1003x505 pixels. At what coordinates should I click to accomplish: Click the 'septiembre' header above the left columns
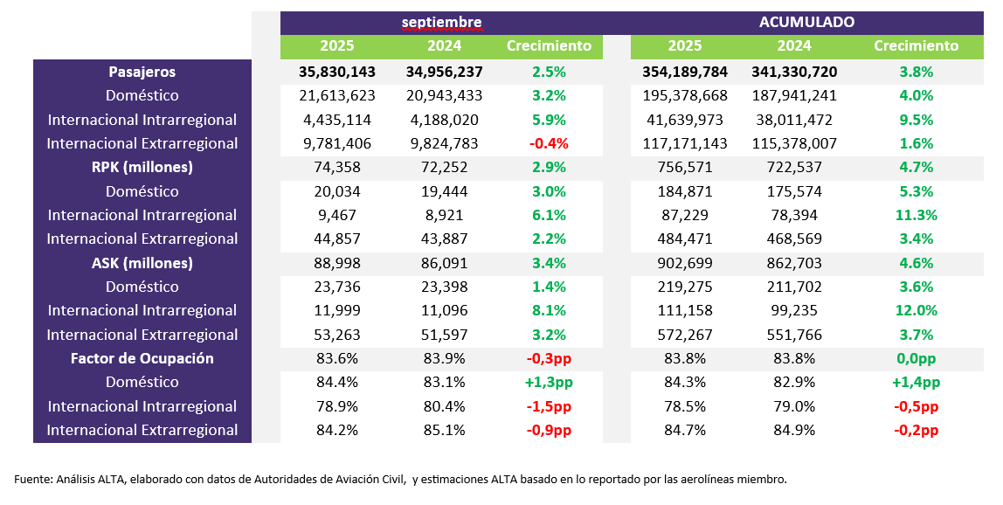[x=442, y=22]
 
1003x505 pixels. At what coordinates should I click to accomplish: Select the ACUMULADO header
[x=806, y=22]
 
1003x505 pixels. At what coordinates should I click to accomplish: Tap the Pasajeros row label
[x=142, y=72]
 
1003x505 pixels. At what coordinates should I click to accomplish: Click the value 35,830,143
[x=337, y=72]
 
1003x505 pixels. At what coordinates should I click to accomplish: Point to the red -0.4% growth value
[x=549, y=143]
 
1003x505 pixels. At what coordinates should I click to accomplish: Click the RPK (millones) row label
[x=142, y=167]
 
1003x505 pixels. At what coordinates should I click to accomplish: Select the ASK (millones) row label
[x=142, y=263]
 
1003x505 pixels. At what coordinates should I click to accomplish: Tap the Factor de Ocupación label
[x=142, y=358]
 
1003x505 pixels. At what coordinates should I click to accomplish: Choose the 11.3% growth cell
[x=916, y=215]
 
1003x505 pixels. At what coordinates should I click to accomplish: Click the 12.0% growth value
[x=916, y=310]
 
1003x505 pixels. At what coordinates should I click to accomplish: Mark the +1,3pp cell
[x=549, y=382]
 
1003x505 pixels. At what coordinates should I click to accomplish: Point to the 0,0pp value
[x=916, y=358]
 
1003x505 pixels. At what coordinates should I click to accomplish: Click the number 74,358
[x=337, y=167]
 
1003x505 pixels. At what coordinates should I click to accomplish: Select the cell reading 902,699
[x=685, y=263]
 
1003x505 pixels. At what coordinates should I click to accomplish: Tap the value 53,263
[x=337, y=335]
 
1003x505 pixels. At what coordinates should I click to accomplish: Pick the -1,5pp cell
[x=549, y=406]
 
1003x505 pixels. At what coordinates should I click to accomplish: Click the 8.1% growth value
[x=549, y=310]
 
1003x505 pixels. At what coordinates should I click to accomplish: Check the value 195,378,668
[x=685, y=95]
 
